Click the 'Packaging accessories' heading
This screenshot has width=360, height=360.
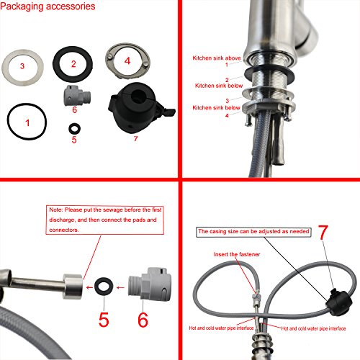[48, 6]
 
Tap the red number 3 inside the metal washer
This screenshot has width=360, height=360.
[22, 66]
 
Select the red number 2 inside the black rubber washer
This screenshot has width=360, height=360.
[73, 64]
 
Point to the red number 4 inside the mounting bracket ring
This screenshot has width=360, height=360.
[127, 60]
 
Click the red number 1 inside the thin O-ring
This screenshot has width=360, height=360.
[27, 123]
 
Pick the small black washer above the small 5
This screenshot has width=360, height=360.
[74, 129]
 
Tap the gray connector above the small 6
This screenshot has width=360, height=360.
[77, 96]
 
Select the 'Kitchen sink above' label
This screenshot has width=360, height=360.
[217, 58]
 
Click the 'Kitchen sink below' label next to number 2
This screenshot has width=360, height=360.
[219, 86]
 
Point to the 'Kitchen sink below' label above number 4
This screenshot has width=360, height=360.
[216, 108]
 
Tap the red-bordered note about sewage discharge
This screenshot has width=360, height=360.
[105, 220]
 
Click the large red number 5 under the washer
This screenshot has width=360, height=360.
[104, 320]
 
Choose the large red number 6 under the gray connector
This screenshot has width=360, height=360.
[143, 320]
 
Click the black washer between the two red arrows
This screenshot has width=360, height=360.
[104, 286]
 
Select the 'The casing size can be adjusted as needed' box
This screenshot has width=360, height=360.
[253, 232]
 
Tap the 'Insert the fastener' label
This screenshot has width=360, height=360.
[237, 254]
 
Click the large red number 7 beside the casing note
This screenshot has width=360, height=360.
[323, 233]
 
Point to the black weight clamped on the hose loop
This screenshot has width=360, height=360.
[339, 302]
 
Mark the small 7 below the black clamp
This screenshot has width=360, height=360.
[136, 139]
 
